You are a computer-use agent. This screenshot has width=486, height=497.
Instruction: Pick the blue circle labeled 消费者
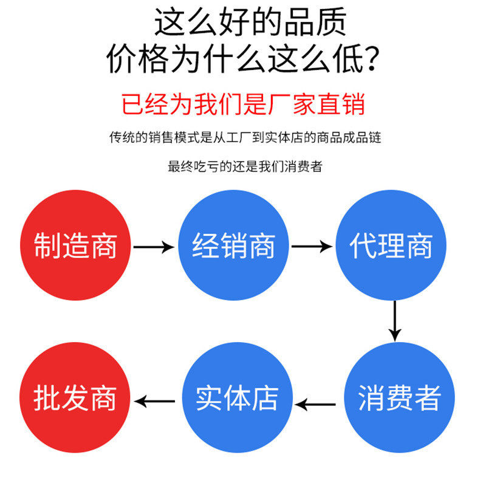point(399,397)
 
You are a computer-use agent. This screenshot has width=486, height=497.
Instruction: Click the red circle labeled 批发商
point(75,397)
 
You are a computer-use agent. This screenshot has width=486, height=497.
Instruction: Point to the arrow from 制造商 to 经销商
point(154,247)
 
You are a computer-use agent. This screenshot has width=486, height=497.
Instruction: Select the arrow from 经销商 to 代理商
point(312,247)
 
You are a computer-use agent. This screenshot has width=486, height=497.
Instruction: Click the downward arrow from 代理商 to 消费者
point(395,320)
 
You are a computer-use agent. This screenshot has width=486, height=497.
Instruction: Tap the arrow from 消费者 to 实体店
point(315,403)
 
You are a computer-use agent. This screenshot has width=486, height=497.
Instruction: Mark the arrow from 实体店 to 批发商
point(155,401)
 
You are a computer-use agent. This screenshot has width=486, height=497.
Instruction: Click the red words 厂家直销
point(317,104)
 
